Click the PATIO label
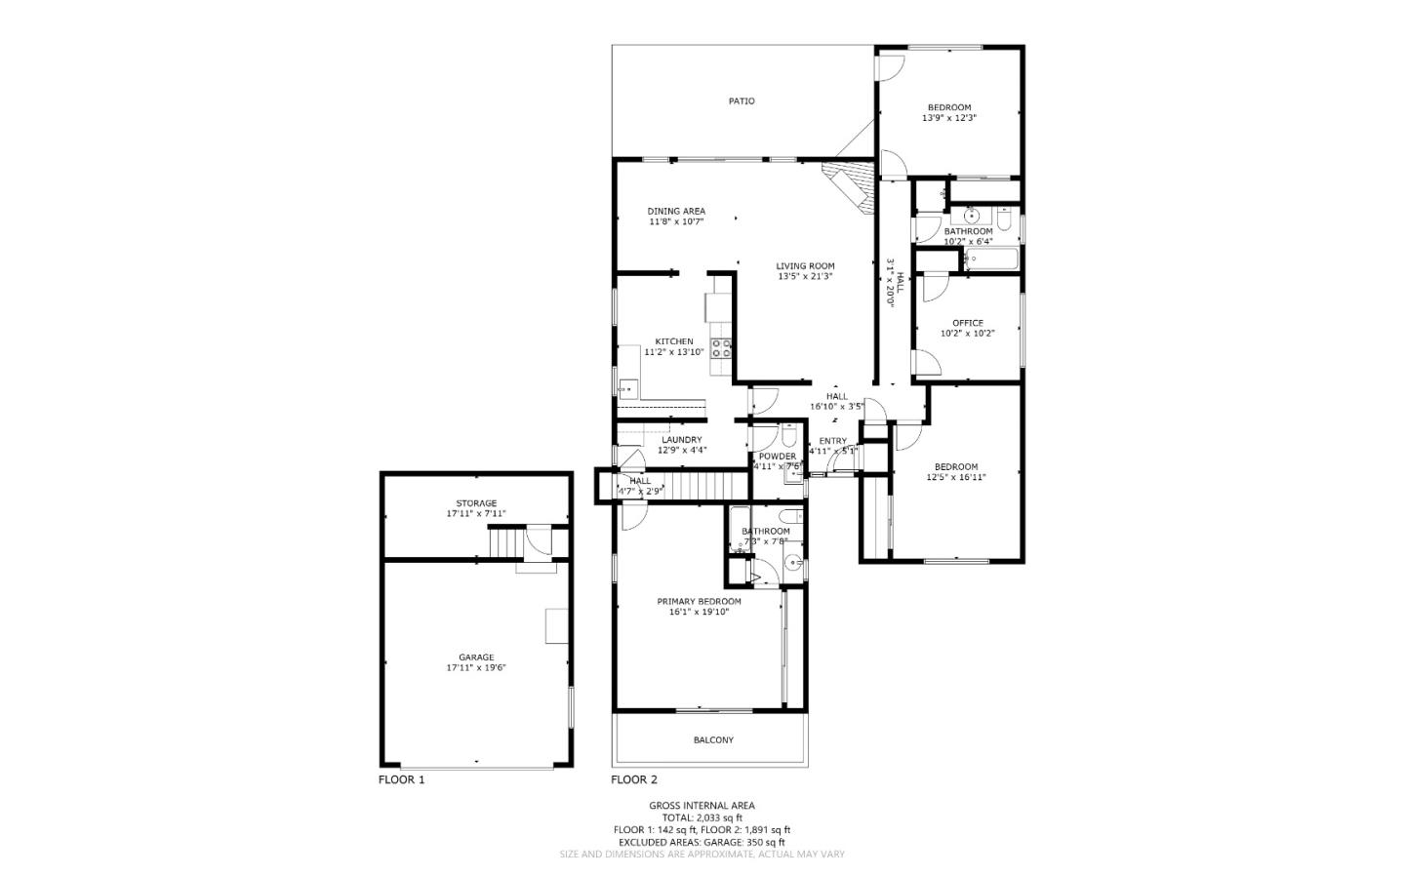pyautogui.click(x=742, y=101)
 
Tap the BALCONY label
pyautogui.click(x=713, y=740)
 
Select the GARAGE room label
pyautogui.click(x=476, y=658)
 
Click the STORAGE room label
pyautogui.click(x=476, y=503)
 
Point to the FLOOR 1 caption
pyautogui.click(x=402, y=780)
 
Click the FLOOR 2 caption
pyautogui.click(x=634, y=780)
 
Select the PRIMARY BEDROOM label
pyautogui.click(x=699, y=602)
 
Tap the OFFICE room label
pyautogui.click(x=968, y=323)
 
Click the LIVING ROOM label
pyautogui.click(x=805, y=266)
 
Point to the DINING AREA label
pyautogui.click(x=676, y=212)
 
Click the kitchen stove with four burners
pyautogui.click(x=722, y=348)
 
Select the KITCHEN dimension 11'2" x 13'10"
pyautogui.click(x=674, y=352)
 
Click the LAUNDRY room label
pyautogui.click(x=681, y=440)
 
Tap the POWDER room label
pyautogui.click(x=777, y=457)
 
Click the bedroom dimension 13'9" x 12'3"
pyautogui.click(x=949, y=118)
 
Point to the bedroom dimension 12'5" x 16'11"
pyautogui.click(x=956, y=478)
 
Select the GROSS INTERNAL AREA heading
pyautogui.click(x=702, y=806)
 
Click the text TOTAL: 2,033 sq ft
pyautogui.click(x=702, y=818)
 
